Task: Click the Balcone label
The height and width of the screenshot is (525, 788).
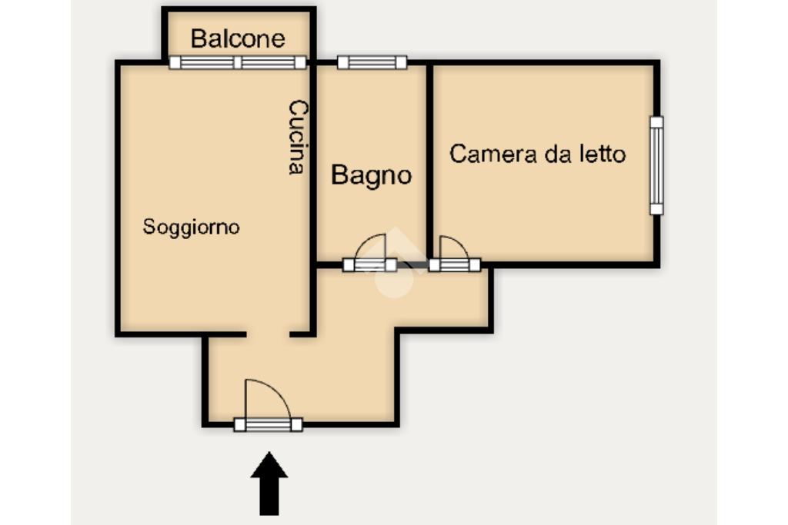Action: [x=238, y=38]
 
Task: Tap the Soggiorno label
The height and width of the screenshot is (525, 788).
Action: [x=191, y=228]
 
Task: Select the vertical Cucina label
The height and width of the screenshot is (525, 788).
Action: [x=298, y=137]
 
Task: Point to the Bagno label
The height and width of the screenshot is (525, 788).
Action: [x=372, y=176]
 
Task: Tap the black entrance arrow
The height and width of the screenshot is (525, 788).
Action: [x=269, y=483]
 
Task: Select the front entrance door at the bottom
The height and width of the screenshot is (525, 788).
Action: [x=269, y=424]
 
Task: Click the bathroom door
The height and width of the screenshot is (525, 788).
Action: [x=369, y=264]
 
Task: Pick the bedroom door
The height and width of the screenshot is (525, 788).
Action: [x=454, y=264]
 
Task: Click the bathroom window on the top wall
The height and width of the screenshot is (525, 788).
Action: [x=372, y=62]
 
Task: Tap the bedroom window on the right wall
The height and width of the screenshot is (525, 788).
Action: [x=656, y=165]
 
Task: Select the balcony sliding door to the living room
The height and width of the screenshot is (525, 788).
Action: [x=238, y=62]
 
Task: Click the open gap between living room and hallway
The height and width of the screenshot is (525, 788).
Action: [x=268, y=334]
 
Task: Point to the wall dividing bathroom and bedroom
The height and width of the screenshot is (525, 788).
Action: [x=429, y=161]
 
